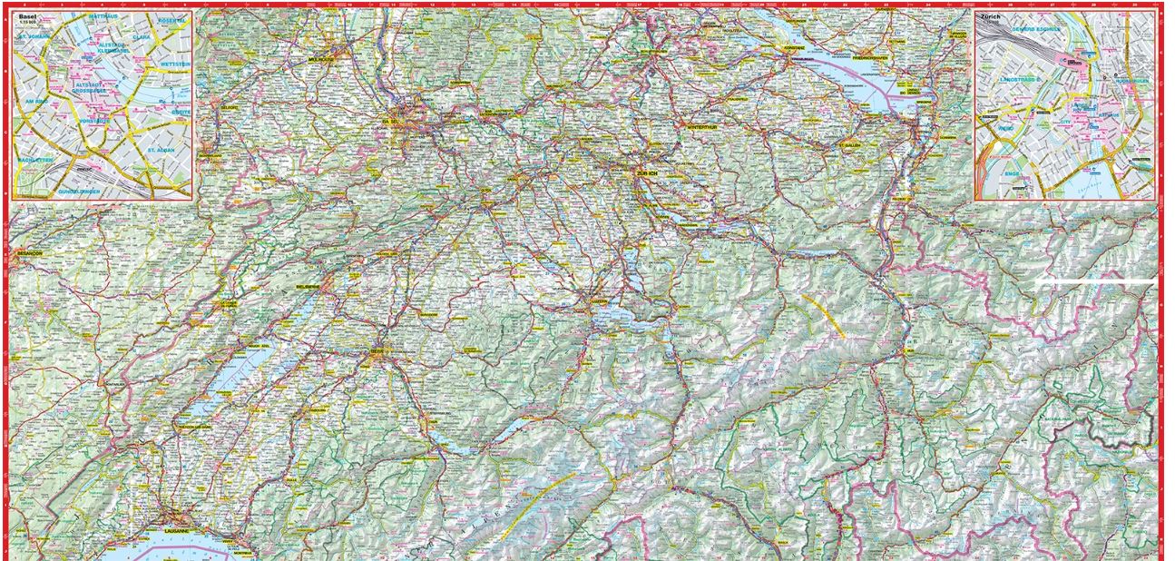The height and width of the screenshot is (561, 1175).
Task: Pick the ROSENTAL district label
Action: tap(171, 20)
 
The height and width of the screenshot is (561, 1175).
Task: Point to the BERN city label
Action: tap(377, 351)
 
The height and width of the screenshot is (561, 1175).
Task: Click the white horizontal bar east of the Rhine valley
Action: tap(1096, 283)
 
